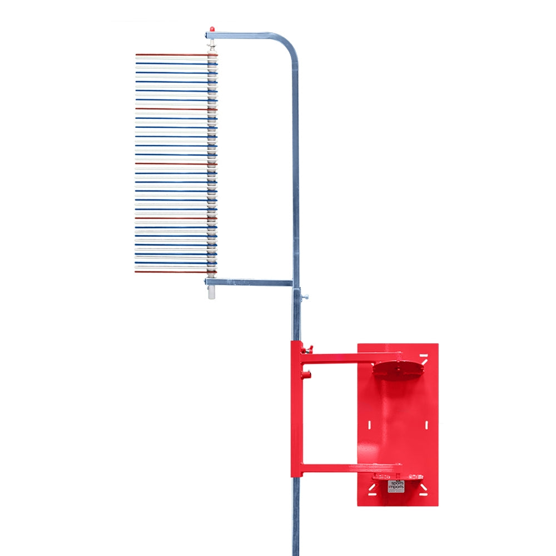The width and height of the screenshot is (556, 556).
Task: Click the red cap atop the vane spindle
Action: (212, 28)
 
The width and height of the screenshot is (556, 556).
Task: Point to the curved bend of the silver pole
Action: (291, 47)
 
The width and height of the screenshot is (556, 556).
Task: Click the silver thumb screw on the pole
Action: (305, 296)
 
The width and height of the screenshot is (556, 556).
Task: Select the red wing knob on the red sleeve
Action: (307, 349)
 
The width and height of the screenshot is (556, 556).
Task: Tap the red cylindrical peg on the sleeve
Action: (306, 375)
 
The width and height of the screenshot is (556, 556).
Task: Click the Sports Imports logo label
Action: (396, 486)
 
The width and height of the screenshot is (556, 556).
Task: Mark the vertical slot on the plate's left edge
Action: (368, 426)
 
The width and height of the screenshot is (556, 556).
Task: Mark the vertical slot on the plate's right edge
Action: (426, 425)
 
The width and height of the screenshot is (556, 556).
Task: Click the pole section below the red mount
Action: (296, 517)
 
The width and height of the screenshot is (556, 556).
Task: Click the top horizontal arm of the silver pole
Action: (250, 36)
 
